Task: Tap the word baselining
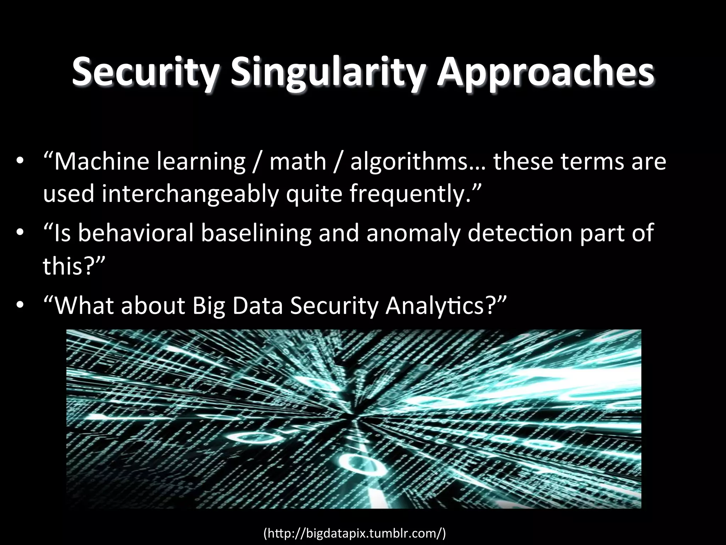click(x=256, y=233)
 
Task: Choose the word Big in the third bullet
click(x=209, y=305)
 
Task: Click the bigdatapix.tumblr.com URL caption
click(x=354, y=533)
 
